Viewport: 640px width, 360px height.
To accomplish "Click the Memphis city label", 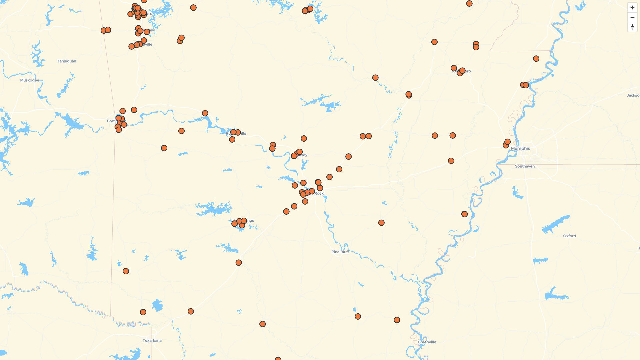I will [x=520, y=148].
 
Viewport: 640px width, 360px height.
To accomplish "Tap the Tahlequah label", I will [x=66, y=61].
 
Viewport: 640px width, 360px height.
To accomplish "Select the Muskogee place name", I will [x=29, y=80].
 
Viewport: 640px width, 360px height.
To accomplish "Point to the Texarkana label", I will [x=152, y=340].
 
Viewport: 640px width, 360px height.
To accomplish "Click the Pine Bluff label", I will [x=340, y=252].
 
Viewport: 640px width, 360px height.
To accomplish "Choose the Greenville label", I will [x=427, y=342].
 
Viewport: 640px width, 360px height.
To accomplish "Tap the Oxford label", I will [x=569, y=236].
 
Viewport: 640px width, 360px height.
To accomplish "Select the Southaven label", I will [x=525, y=166].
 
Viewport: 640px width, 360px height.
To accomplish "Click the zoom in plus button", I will [x=632, y=8].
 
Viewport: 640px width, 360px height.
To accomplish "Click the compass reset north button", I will [x=632, y=27].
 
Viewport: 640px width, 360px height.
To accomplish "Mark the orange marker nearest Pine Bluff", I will [x=381, y=223].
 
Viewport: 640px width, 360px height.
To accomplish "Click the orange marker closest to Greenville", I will [x=397, y=320].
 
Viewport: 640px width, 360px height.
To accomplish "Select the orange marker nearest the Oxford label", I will [x=464, y=214].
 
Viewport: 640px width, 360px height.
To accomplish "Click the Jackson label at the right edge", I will [x=633, y=95].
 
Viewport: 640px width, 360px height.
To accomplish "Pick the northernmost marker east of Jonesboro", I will [x=536, y=59].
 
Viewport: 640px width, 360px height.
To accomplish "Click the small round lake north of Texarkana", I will [x=157, y=305].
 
